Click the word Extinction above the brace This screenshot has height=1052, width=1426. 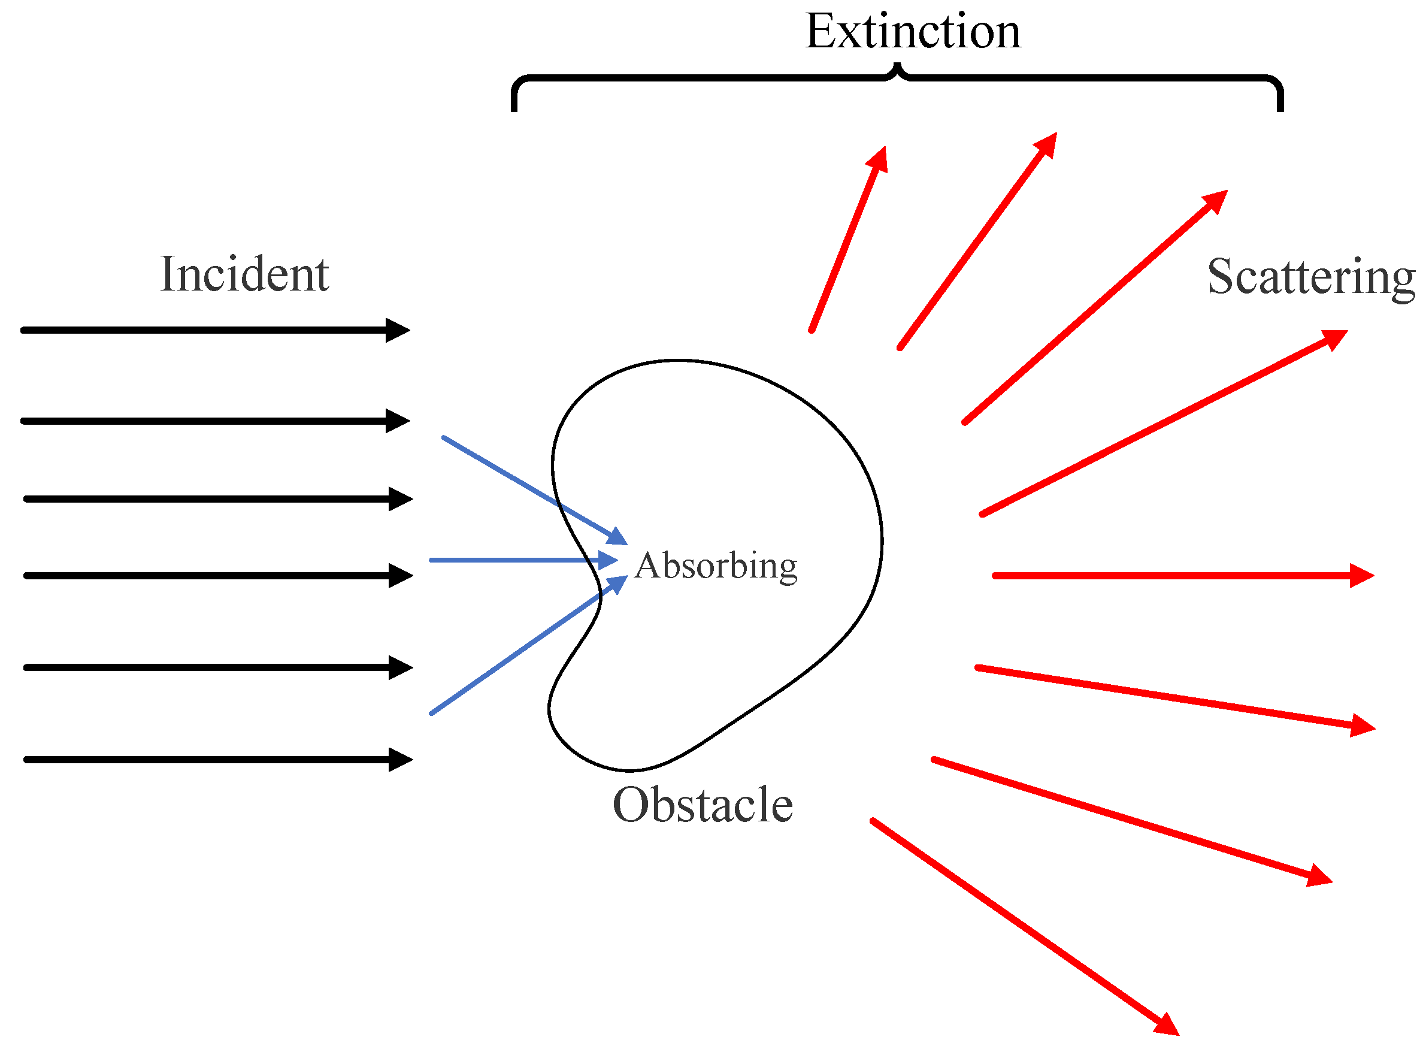pyautogui.click(x=913, y=32)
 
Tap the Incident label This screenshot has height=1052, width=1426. pyautogui.click(x=244, y=274)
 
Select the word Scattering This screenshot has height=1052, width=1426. pyautogui.click(x=1312, y=277)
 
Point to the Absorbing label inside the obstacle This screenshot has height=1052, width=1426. pyautogui.click(x=716, y=566)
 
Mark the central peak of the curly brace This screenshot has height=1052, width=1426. pyautogui.click(x=898, y=66)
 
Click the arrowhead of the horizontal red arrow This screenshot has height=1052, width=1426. pyautogui.click(x=1363, y=576)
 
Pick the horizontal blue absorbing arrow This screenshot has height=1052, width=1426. pyautogui.click(x=516, y=560)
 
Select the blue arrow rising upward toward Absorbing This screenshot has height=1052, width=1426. pyautogui.click(x=522, y=649)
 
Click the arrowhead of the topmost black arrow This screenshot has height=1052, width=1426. pyautogui.click(x=398, y=331)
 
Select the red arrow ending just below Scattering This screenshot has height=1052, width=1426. pyautogui.click(x=1165, y=422)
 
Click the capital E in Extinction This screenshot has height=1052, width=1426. pyautogui.click(x=819, y=32)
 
